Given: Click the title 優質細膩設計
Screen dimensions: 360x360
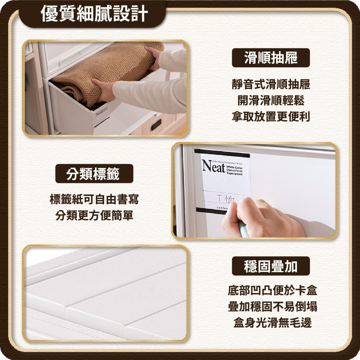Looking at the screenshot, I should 94,14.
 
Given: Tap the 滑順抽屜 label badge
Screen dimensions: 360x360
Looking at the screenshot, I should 271,58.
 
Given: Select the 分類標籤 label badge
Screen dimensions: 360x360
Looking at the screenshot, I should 94,174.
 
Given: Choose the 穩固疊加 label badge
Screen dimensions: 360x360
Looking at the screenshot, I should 271,266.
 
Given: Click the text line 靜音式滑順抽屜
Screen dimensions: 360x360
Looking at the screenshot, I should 271,85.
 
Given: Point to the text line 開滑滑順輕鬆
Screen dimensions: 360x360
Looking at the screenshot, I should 271,101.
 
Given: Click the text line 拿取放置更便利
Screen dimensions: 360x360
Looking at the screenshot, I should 271,117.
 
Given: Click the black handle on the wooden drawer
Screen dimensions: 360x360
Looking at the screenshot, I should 156,125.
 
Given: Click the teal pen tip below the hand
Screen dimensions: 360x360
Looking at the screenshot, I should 243,230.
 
